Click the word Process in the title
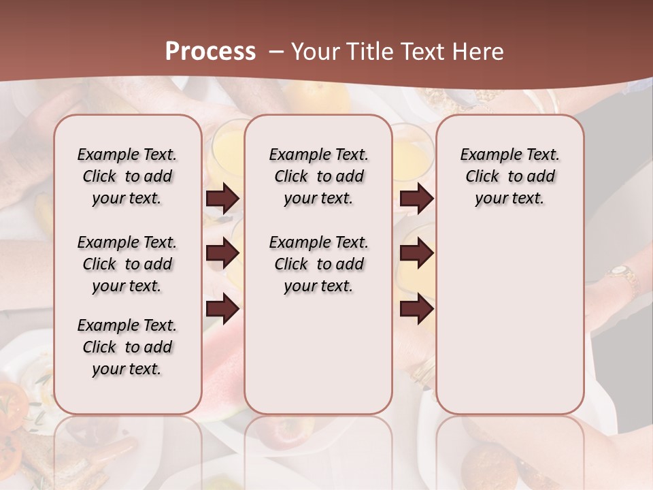click(210, 52)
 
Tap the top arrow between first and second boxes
click(222, 198)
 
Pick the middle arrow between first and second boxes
click(222, 253)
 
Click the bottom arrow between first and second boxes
click(222, 308)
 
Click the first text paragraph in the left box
click(127, 176)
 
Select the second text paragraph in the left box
click(127, 264)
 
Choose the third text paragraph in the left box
click(127, 347)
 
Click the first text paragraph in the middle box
click(319, 176)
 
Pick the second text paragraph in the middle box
click(319, 264)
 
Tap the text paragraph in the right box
click(510, 176)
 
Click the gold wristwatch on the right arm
click(622, 274)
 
